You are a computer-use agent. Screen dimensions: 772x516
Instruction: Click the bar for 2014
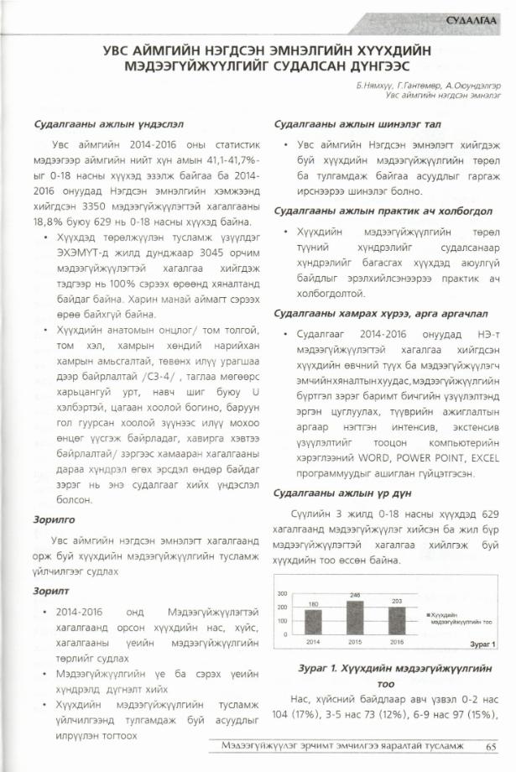pyautogui.click(x=313, y=621)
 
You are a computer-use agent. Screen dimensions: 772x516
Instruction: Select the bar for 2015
pyautogui.click(x=355, y=618)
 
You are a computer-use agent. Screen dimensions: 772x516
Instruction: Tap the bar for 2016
pyautogui.click(x=396, y=620)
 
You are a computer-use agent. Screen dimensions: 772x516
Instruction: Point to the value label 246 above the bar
pyautogui.click(x=355, y=595)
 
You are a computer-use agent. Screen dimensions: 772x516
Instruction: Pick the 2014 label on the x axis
pyautogui.click(x=313, y=641)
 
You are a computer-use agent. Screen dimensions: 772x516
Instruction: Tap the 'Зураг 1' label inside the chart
pyautogui.click(x=482, y=644)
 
